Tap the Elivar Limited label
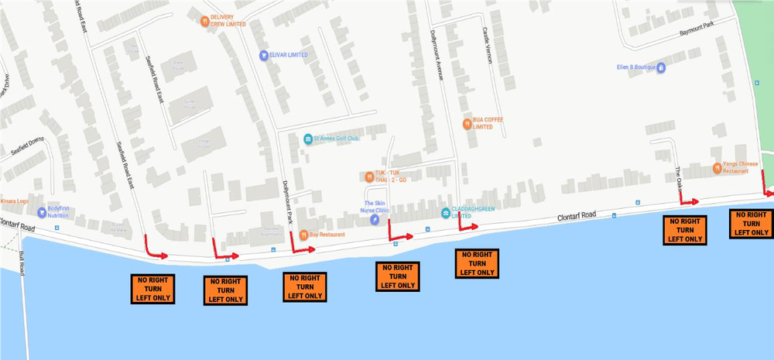tap(288, 55)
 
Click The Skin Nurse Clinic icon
tap(374, 220)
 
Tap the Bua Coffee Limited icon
tap(466, 122)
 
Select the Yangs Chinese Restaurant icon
tap(716, 166)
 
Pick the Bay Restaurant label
tap(326, 234)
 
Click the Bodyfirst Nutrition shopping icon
tap(41, 211)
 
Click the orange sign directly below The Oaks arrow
tap(685, 230)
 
